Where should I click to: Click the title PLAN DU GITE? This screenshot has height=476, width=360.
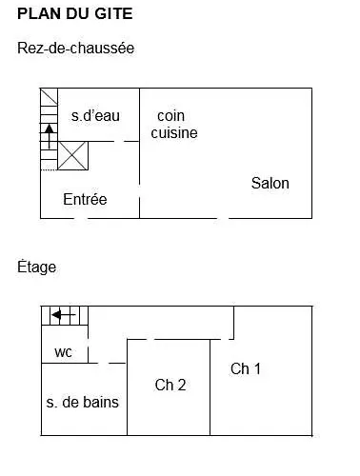(75, 15)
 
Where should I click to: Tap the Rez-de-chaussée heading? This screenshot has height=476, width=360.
(75, 48)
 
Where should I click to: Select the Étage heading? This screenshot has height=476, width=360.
(37, 268)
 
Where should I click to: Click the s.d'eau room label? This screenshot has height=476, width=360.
(95, 116)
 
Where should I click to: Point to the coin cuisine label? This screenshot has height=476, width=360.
(174, 125)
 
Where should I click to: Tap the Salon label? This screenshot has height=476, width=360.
(270, 183)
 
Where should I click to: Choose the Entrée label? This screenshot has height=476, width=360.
(85, 200)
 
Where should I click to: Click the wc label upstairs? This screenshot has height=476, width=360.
(63, 352)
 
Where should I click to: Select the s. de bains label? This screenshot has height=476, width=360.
(83, 403)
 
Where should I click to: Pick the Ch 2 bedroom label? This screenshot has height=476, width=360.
(170, 386)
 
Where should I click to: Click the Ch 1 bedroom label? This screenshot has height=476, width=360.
(246, 369)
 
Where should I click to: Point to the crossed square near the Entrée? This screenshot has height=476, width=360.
(72, 155)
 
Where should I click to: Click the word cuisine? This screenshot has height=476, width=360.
(174, 133)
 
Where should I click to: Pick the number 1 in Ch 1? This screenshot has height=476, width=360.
(256, 369)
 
